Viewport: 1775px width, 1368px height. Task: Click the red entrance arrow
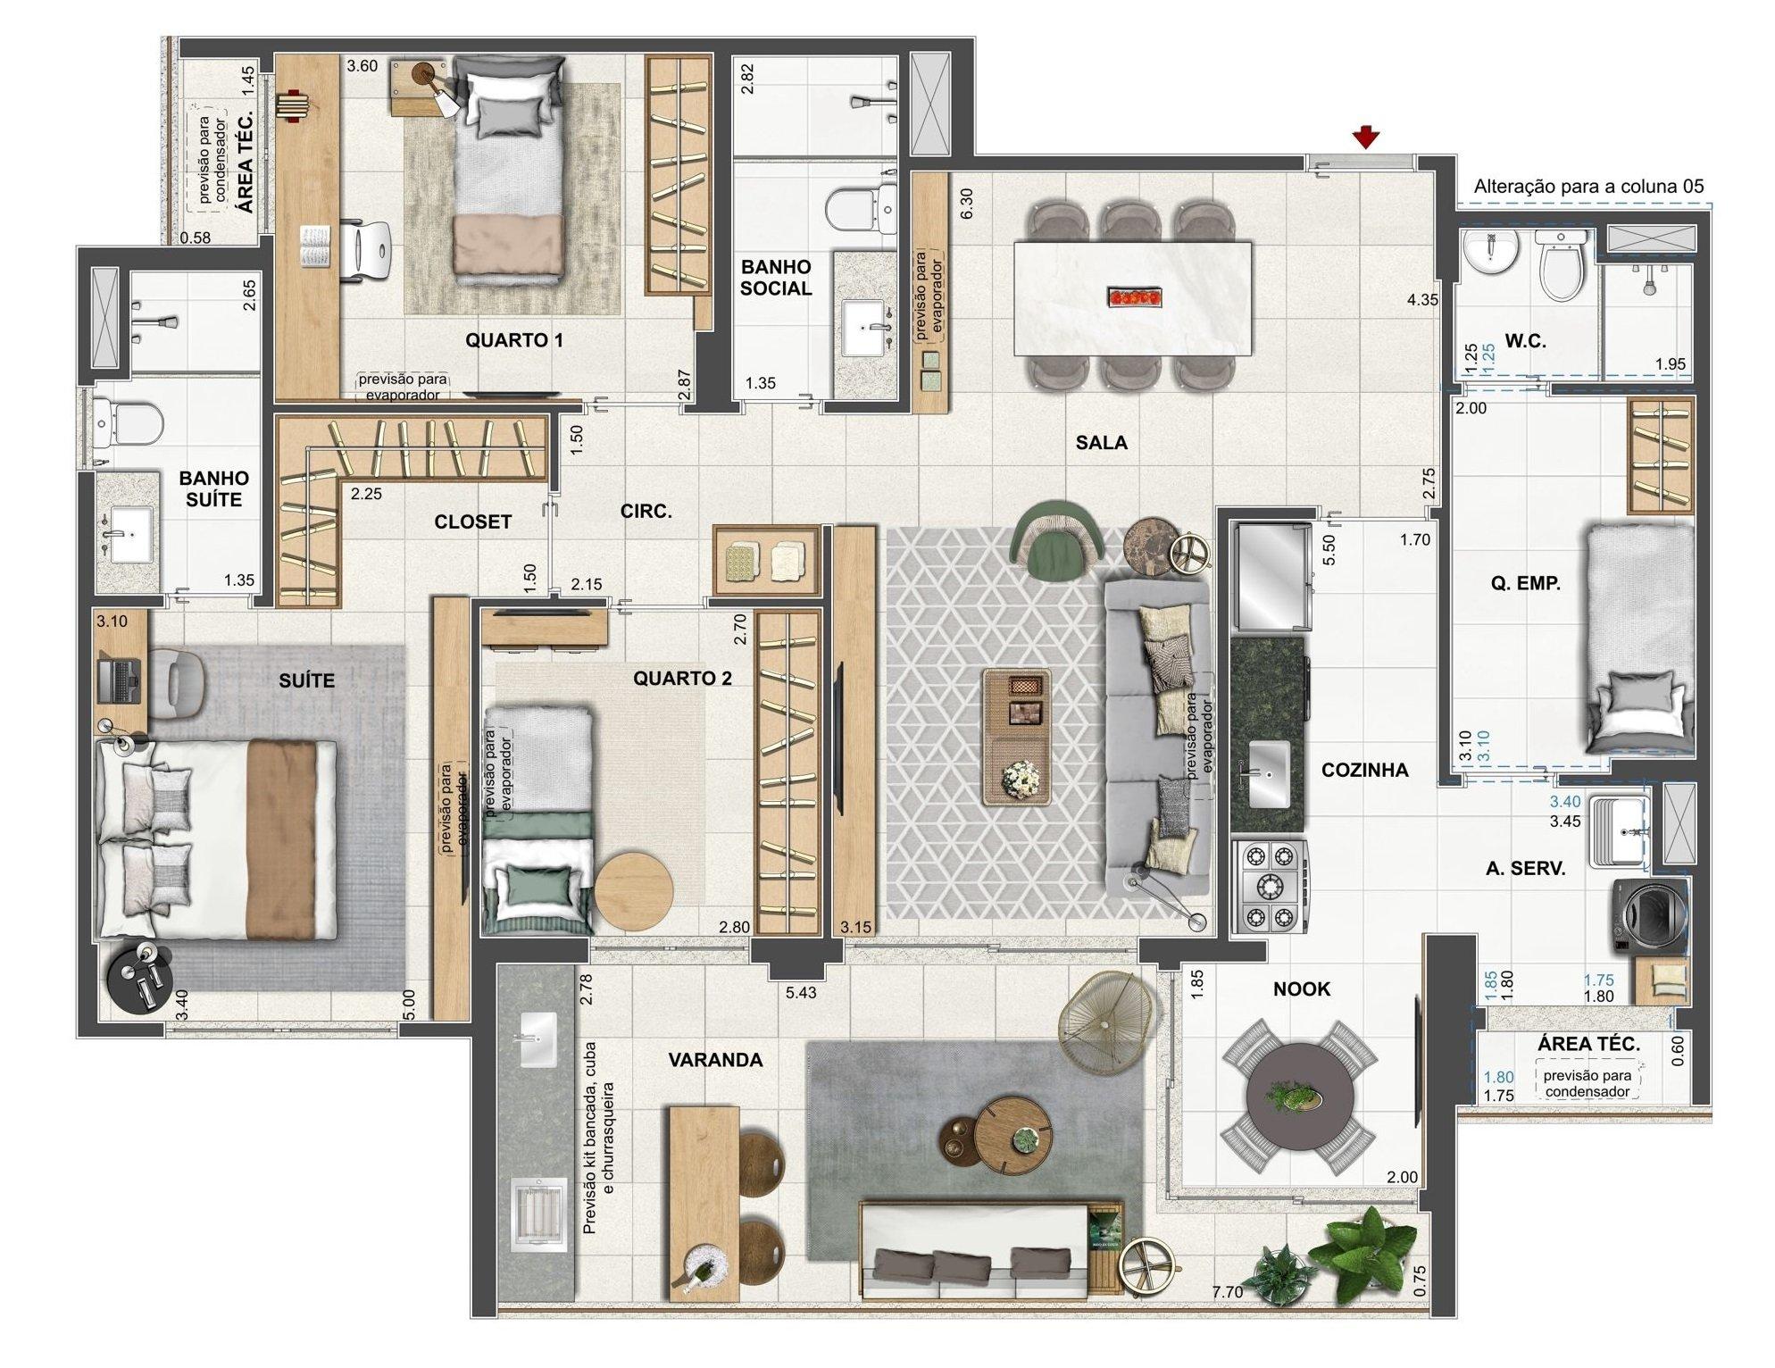click(x=1365, y=138)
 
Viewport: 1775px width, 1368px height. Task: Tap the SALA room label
click(x=1101, y=442)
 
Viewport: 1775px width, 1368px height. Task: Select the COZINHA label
click(x=1364, y=770)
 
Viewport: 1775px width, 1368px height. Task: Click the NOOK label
click(x=1301, y=988)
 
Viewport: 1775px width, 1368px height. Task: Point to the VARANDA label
click(x=715, y=1060)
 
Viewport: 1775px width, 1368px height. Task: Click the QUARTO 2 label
click(x=682, y=679)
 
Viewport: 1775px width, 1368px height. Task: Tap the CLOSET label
click(x=472, y=522)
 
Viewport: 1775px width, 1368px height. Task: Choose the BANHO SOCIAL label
click(x=776, y=278)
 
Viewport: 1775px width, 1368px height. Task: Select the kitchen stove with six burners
click(x=1270, y=887)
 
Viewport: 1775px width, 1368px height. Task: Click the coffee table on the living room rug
click(x=1017, y=738)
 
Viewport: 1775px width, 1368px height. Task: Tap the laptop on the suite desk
click(x=117, y=680)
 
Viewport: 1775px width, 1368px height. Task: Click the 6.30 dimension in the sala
click(x=967, y=203)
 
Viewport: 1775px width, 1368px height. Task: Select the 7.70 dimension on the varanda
click(x=1228, y=1291)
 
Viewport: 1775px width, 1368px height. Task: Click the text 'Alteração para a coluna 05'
click(x=1588, y=187)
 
